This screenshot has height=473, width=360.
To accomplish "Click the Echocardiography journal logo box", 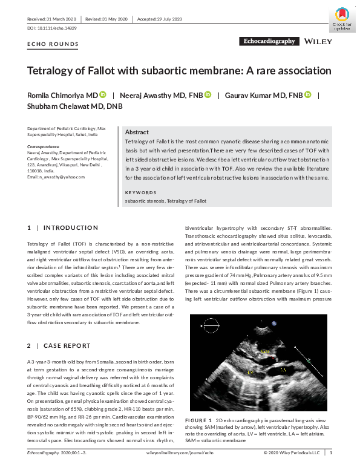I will click(269, 41).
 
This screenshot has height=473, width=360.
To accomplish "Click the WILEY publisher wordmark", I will click(318, 42).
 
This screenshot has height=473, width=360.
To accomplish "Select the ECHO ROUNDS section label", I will click(53, 45).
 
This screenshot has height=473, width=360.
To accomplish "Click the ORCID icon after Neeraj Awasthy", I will click(208, 95).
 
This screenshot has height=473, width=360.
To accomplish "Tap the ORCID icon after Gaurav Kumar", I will click(307, 95).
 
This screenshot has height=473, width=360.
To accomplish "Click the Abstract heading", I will click(137, 132).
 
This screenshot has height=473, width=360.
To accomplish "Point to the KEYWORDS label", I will click(140, 192).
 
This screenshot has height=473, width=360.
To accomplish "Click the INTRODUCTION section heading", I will click(71, 228).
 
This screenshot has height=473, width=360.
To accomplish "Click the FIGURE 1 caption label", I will click(198, 419).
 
